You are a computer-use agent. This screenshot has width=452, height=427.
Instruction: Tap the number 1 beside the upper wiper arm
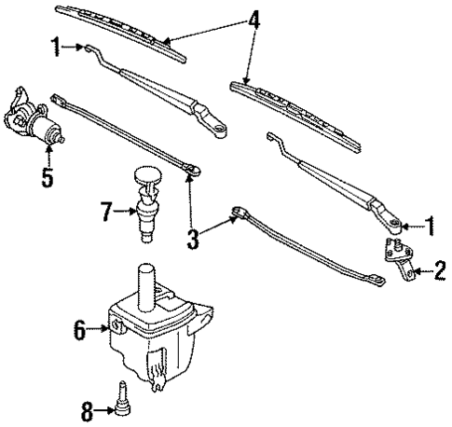click(x=57, y=47)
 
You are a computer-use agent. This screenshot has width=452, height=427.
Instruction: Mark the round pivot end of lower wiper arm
click(x=396, y=224)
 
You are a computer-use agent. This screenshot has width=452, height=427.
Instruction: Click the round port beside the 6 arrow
click(x=119, y=325)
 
